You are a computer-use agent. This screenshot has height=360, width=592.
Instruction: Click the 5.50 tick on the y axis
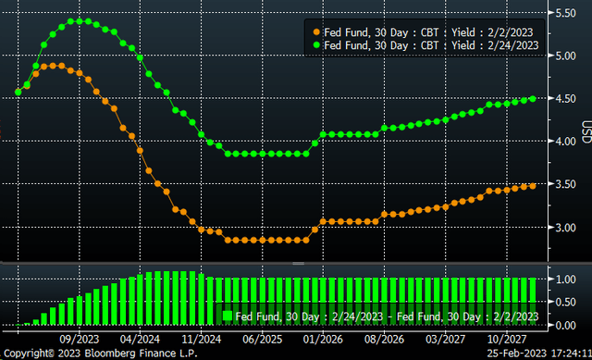coord(564,13)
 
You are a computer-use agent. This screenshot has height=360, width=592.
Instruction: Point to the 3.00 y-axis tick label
coord(564,227)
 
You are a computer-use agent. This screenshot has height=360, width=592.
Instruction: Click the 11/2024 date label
coord(203,339)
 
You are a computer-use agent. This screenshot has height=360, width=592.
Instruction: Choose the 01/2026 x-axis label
coord(323,339)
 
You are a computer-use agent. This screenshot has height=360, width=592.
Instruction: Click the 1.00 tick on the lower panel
coord(564,279)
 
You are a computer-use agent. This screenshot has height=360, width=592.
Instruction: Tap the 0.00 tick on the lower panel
coord(564,326)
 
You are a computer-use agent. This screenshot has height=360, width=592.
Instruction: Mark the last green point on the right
coord(533,99)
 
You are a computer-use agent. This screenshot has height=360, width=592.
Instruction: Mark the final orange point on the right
coord(533,185)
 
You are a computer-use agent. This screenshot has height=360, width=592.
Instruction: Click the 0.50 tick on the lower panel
coord(564,303)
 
